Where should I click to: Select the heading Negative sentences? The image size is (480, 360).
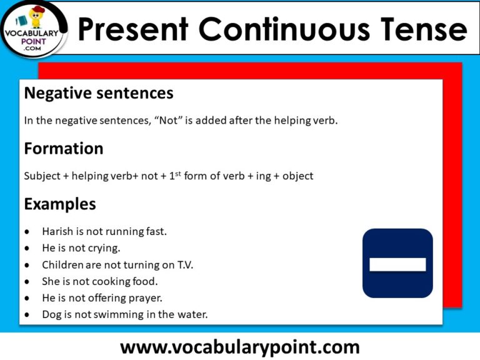98,94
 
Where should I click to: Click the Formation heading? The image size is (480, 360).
63,149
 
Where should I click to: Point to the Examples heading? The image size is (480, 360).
60,204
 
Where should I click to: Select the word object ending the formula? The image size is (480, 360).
297,176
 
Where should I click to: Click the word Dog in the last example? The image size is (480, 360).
51,315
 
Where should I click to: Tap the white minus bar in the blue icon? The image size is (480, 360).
397,264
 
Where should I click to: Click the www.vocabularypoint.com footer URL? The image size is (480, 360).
240,347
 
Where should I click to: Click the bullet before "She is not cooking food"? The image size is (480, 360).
26,282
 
